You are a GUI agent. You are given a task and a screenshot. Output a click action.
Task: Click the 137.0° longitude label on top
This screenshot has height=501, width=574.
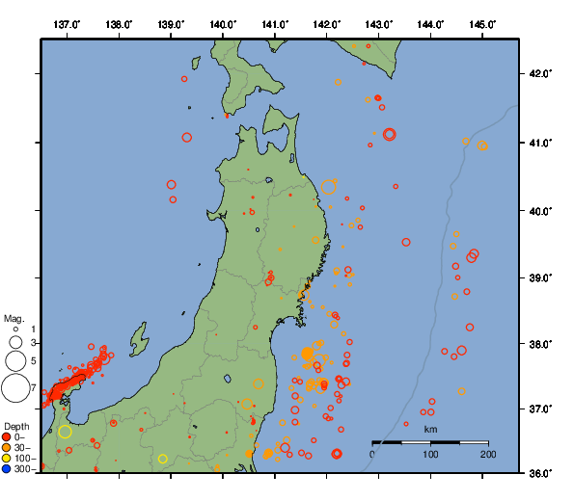click(67, 23)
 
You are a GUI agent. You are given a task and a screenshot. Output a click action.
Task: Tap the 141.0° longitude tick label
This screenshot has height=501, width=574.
click(275, 23)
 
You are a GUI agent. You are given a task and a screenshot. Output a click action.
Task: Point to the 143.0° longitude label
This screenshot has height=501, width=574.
click(379, 23)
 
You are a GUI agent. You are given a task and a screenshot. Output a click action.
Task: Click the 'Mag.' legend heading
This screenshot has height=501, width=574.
click(14, 318)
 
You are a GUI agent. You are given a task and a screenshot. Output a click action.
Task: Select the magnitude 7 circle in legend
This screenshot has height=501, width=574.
click(15, 388)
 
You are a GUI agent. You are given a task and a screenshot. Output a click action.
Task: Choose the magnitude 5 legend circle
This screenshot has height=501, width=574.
click(15, 361)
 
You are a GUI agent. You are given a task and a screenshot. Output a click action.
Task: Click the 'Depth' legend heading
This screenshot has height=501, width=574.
click(15, 426)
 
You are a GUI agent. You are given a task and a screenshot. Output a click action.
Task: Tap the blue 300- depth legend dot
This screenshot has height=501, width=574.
click(7, 469)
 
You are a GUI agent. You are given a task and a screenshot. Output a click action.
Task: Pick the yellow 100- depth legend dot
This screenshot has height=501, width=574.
click(7, 458)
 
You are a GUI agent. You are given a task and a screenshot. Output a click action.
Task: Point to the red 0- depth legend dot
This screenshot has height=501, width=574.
click(7, 436)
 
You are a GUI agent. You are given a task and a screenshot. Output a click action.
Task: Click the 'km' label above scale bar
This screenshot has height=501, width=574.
click(430, 429)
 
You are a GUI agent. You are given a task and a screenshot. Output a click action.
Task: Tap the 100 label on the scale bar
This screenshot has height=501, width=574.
click(430, 454)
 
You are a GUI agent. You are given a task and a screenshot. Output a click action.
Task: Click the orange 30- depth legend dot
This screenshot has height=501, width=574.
click(7, 447)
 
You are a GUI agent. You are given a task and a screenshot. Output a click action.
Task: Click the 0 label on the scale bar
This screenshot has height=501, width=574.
click(373, 454)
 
